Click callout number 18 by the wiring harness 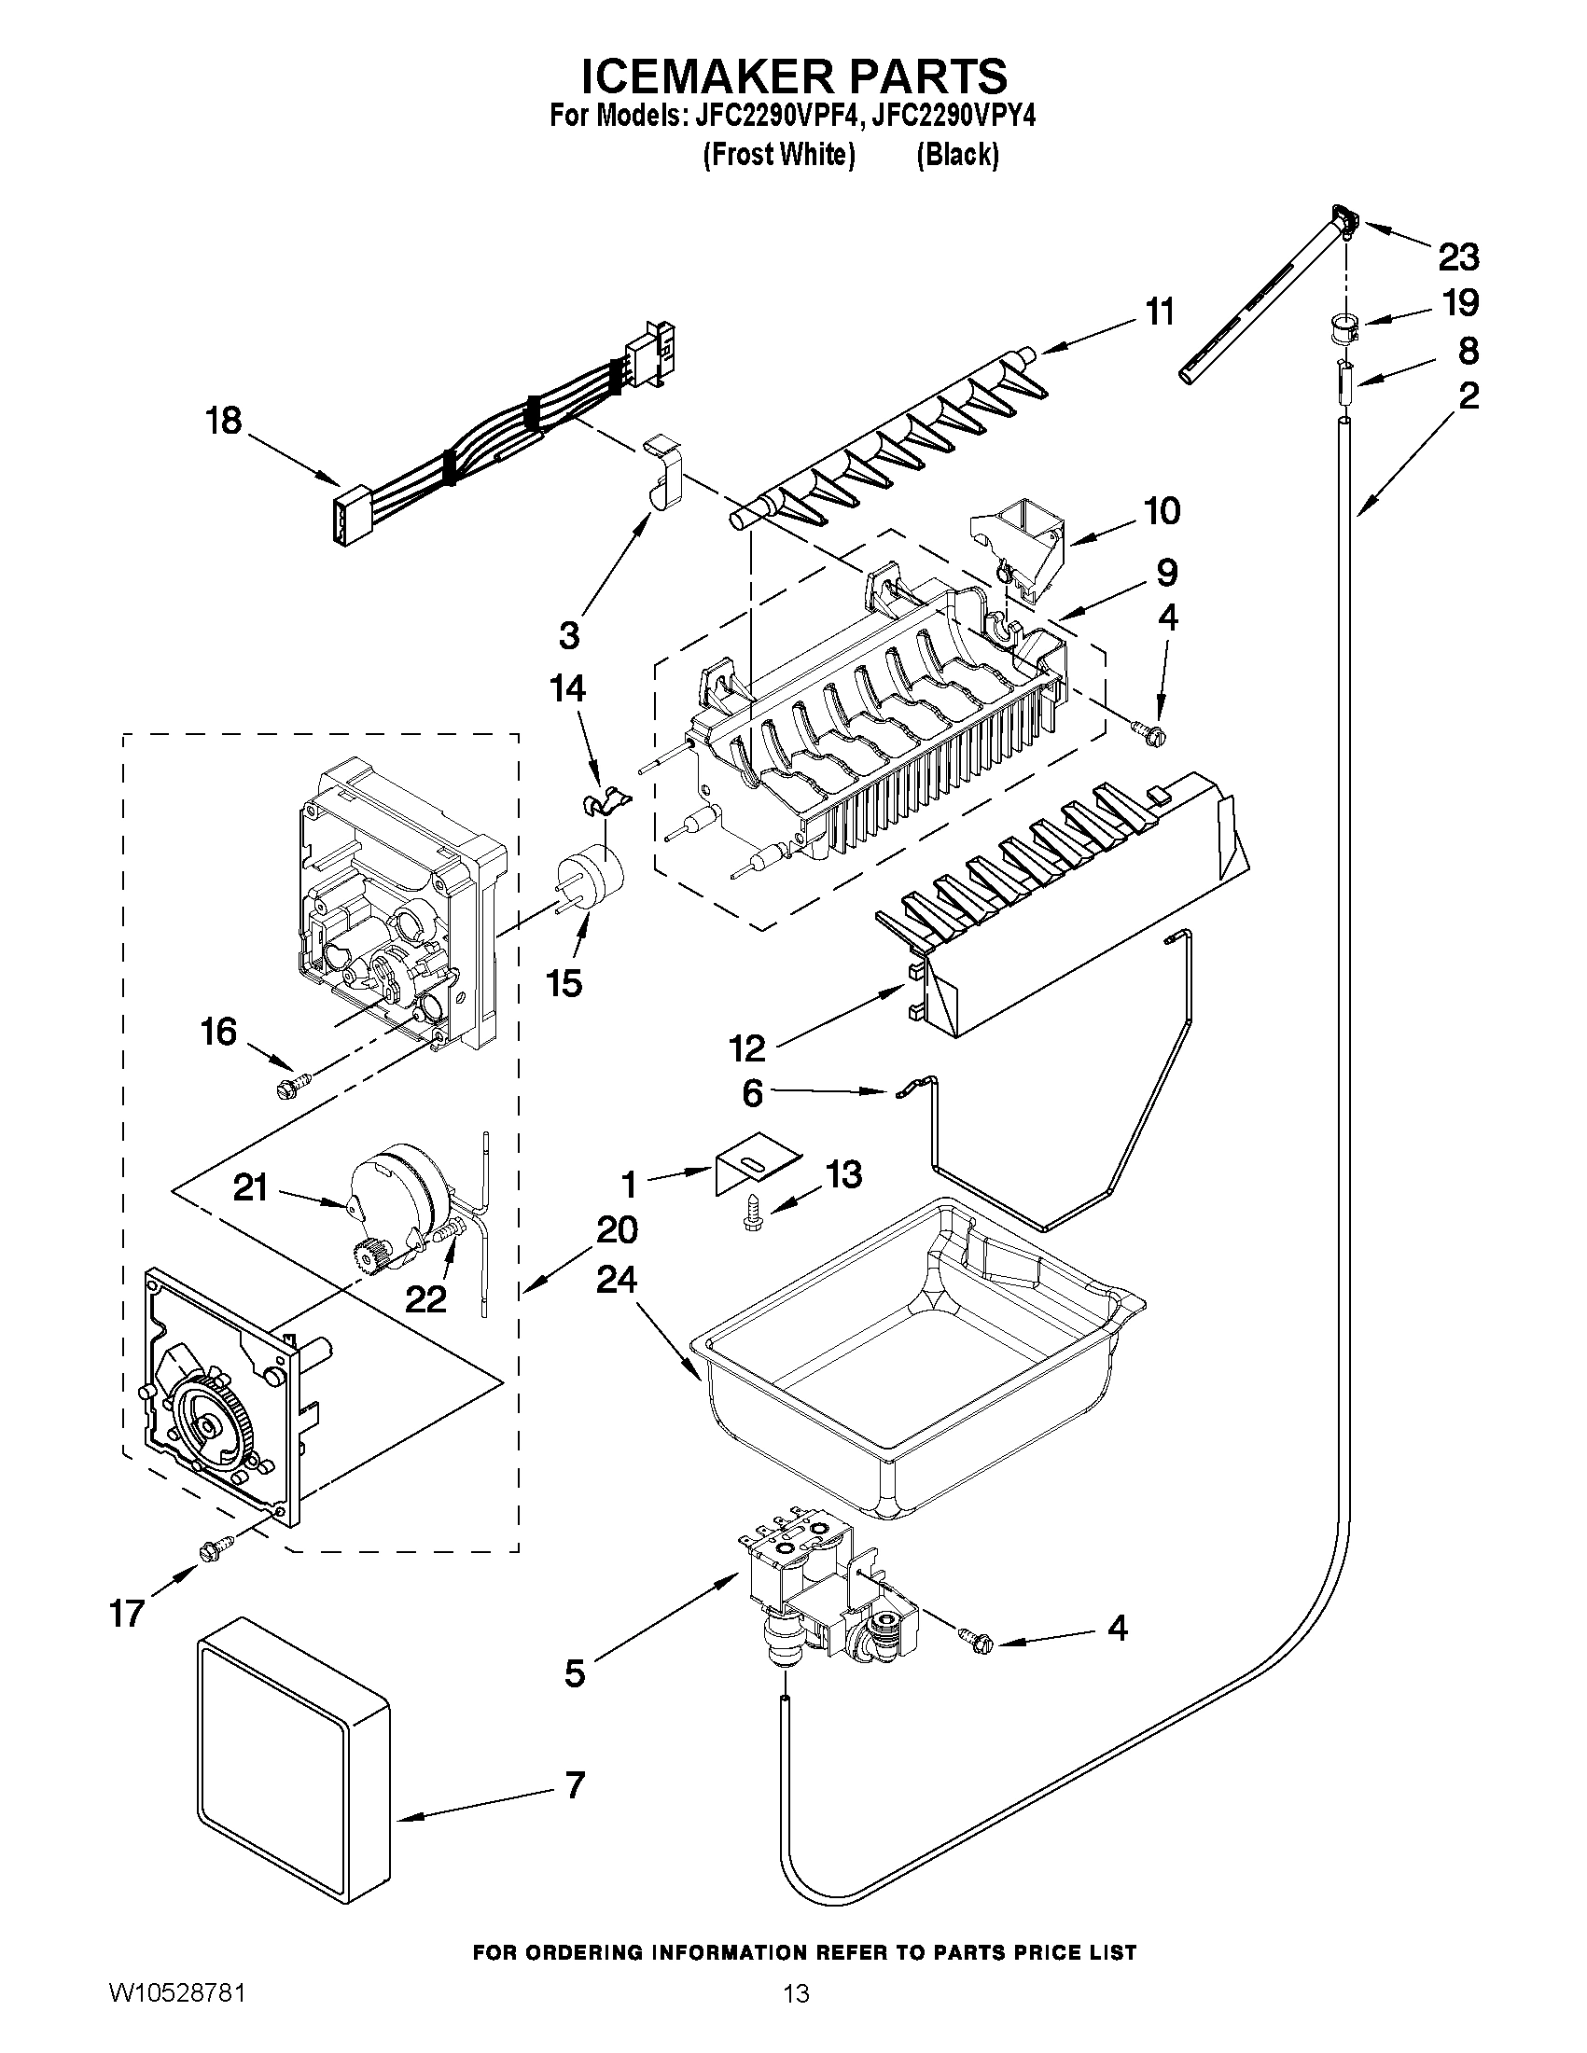224,420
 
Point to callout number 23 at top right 1457,256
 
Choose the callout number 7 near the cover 574,1784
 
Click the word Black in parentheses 956,154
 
